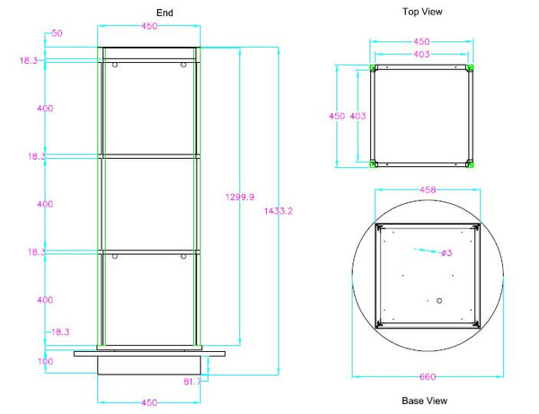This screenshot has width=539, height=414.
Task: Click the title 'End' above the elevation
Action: point(163,13)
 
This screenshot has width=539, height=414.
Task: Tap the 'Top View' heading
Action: point(422,12)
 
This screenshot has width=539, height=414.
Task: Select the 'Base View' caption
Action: point(423,401)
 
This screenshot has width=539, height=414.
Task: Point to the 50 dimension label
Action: point(56,33)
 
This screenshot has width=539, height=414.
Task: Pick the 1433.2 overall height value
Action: point(279,211)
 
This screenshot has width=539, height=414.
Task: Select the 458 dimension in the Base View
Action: point(428,190)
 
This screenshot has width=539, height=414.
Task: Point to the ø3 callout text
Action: point(446,253)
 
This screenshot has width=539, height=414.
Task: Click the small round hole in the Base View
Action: point(438,302)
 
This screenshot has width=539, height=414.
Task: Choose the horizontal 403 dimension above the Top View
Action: point(420,54)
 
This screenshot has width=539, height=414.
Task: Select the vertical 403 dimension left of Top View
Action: point(357,116)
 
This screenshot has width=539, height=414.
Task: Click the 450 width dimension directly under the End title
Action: point(149,26)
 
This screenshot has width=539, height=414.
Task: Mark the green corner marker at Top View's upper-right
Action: point(469,68)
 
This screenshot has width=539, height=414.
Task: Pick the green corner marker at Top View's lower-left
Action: point(374,163)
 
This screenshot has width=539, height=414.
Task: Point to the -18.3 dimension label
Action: point(58,331)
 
